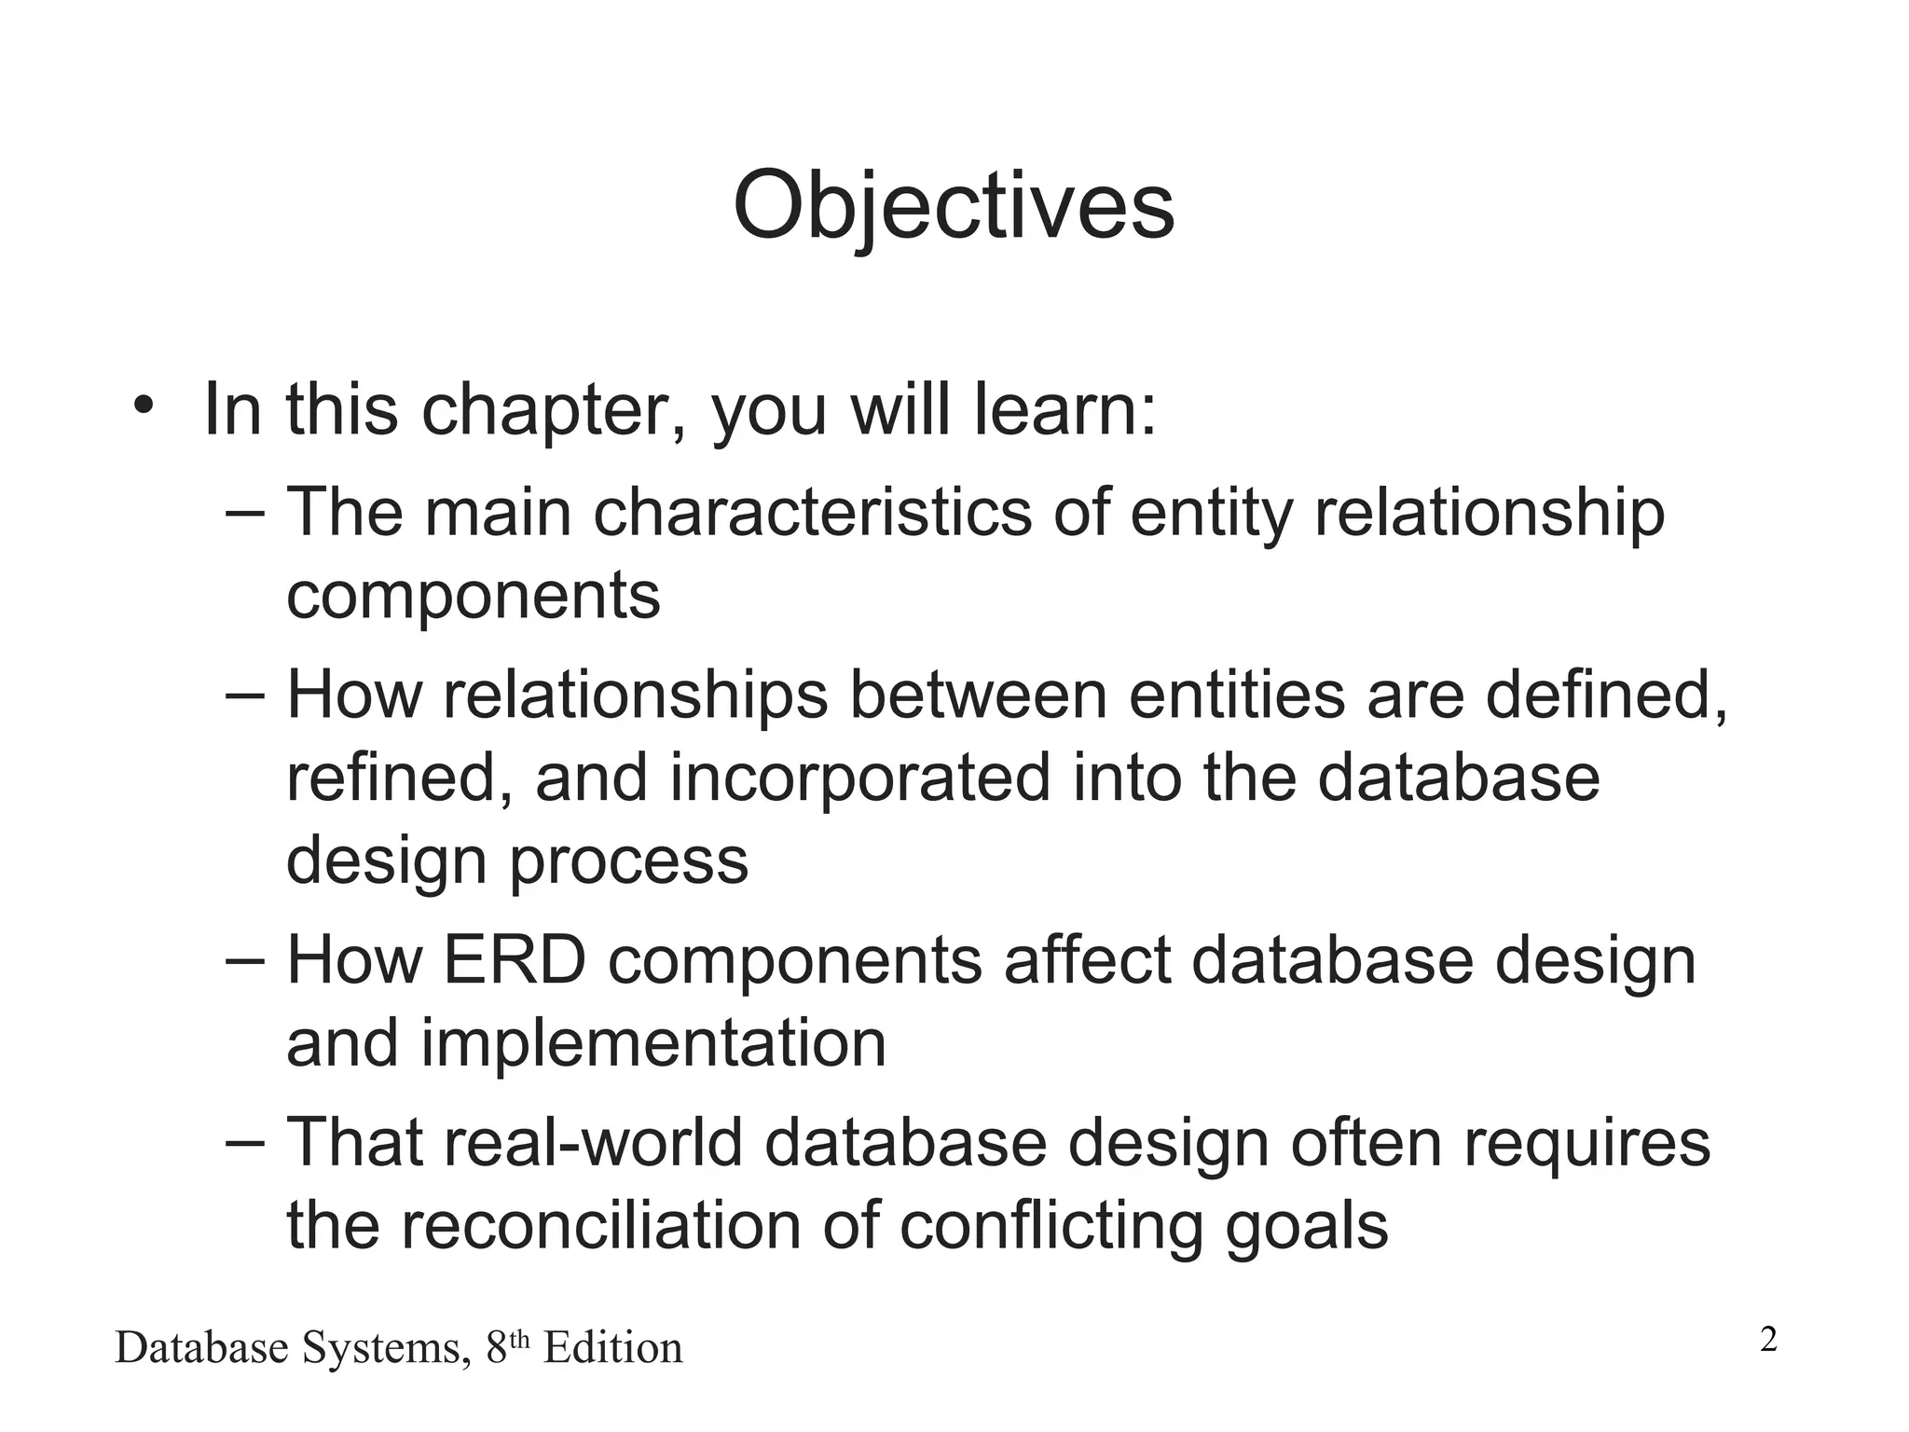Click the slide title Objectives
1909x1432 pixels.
(954, 207)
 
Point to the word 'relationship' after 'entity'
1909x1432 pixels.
(1489, 514)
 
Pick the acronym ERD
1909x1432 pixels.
(515, 960)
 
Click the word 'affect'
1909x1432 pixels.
(1087, 960)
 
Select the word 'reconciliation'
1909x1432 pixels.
(600, 1226)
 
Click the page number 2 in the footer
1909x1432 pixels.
(1768, 1341)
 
